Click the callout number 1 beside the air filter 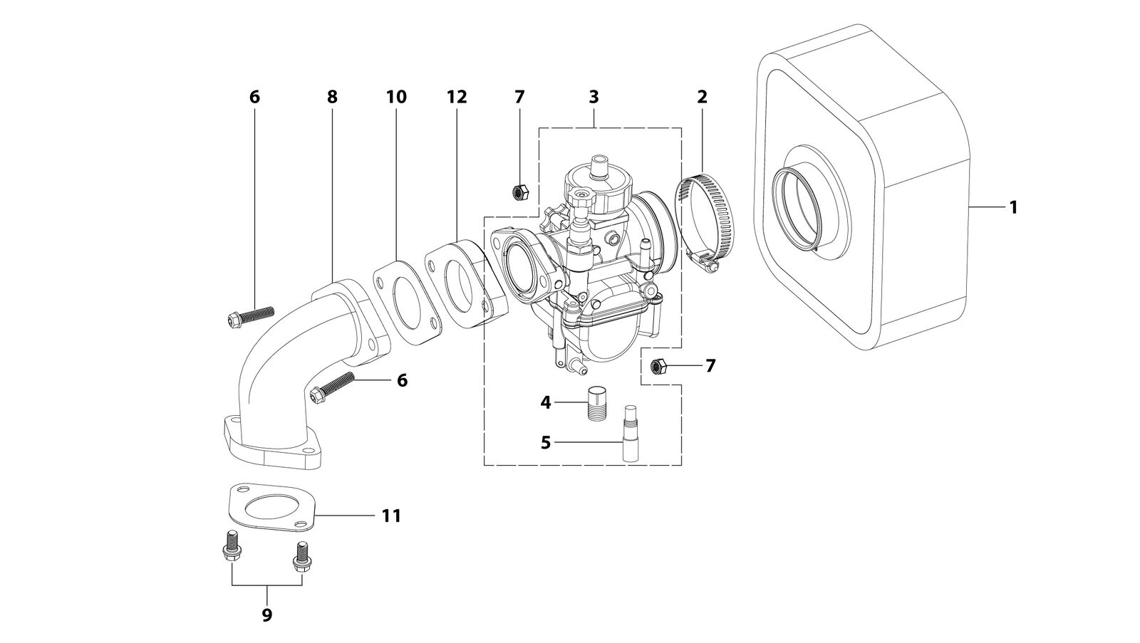(1012, 207)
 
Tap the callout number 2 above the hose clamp (702, 97)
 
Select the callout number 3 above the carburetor (594, 97)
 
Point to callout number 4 (546, 403)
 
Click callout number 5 (546, 443)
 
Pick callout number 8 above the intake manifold (332, 97)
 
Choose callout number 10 (396, 97)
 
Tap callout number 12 (457, 97)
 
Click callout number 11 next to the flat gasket (391, 516)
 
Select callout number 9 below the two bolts (267, 615)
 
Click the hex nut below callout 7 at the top (519, 192)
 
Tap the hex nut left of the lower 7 (658, 366)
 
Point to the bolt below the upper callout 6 (250, 315)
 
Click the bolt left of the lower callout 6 (331, 387)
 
